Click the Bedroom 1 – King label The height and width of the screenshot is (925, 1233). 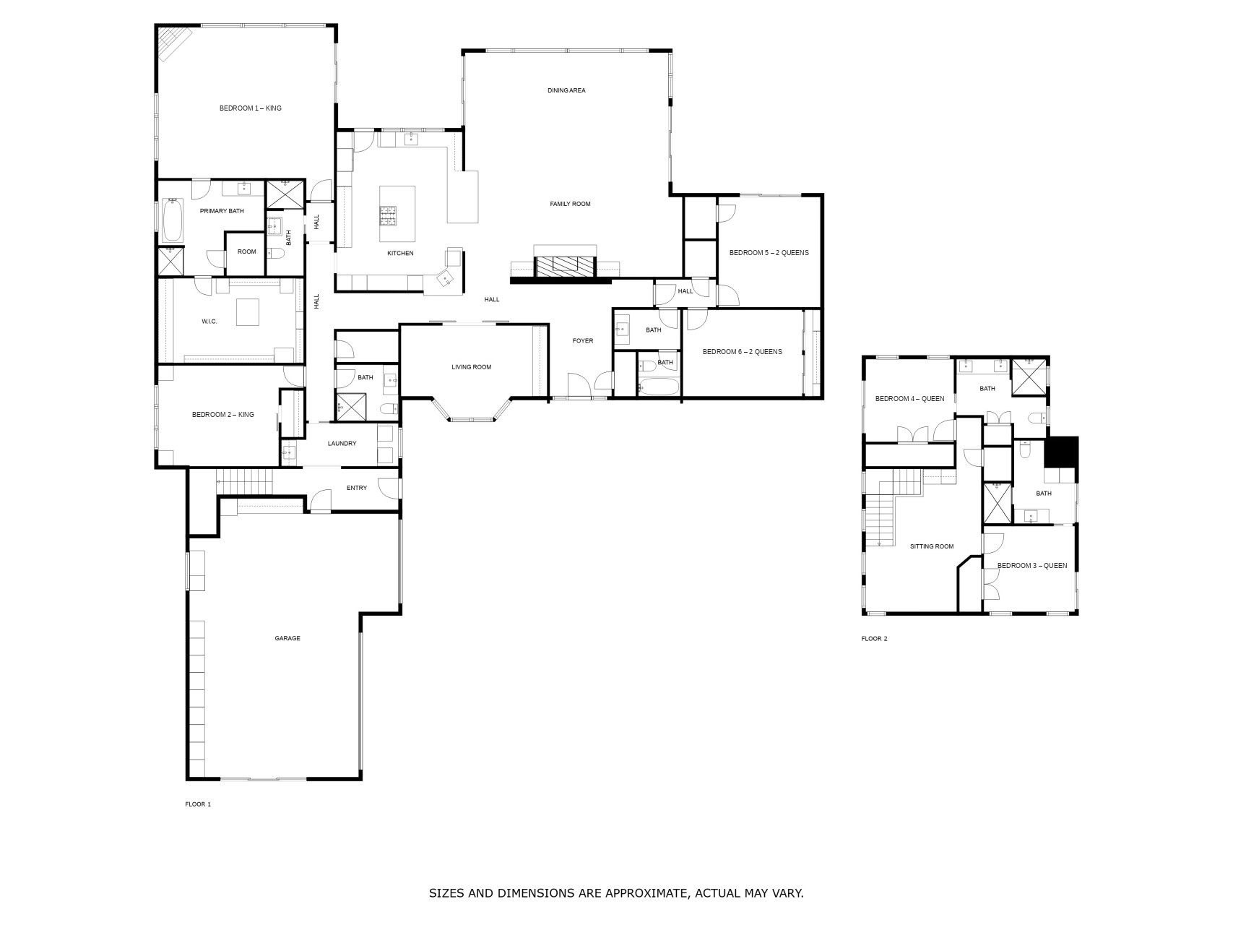click(250, 108)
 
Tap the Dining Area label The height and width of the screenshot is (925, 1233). click(566, 90)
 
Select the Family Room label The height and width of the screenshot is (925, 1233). click(570, 204)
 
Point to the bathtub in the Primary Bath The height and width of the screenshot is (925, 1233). click(173, 220)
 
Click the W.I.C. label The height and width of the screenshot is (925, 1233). click(209, 321)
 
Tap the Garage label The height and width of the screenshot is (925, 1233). click(287, 638)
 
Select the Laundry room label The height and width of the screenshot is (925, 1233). click(342, 444)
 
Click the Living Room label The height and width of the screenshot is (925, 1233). click(471, 367)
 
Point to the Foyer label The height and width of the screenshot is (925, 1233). click(583, 341)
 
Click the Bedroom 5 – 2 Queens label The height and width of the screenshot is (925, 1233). click(769, 253)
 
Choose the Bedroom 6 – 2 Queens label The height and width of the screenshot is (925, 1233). click(742, 352)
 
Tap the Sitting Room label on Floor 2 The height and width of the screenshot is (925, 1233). click(932, 546)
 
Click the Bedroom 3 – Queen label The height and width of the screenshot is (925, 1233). click(1031, 566)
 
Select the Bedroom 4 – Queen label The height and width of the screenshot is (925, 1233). click(909, 399)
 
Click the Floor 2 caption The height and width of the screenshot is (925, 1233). click(874, 639)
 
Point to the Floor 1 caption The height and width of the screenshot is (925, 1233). click(198, 804)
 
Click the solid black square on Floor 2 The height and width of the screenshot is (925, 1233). click(1062, 452)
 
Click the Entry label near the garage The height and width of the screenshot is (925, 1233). click(356, 489)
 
